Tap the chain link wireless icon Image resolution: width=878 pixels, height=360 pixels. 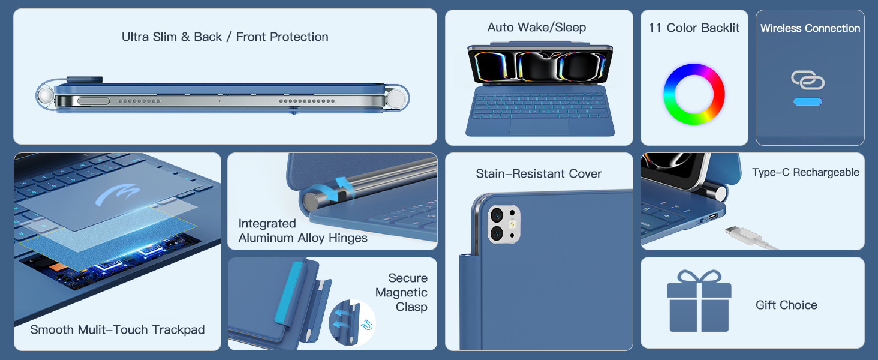pos(807,80)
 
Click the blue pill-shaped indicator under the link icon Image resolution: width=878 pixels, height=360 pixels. pos(807,102)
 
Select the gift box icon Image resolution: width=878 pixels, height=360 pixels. pos(699,301)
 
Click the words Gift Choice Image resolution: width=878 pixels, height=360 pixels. pos(786,305)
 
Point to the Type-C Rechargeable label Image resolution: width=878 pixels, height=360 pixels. pos(805,173)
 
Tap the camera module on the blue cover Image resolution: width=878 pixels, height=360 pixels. pos(504,224)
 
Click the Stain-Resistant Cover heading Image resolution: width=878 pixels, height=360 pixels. pos(539,174)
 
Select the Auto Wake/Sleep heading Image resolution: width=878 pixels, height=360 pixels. pos(537,28)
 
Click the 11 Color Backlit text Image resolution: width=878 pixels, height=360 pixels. pos(694,28)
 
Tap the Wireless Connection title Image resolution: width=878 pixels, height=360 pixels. pos(810,28)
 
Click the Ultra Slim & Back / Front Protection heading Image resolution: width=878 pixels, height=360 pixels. pos(225,37)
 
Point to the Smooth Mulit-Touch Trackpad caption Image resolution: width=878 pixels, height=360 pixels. pos(117,330)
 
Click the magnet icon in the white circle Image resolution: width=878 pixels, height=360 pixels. pos(367,325)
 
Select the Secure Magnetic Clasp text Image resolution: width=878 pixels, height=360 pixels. pos(402,293)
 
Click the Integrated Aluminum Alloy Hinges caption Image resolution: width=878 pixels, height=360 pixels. pos(303,230)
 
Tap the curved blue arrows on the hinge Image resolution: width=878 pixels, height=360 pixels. pos(334,189)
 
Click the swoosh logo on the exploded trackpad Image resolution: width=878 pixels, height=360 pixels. pos(118,194)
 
